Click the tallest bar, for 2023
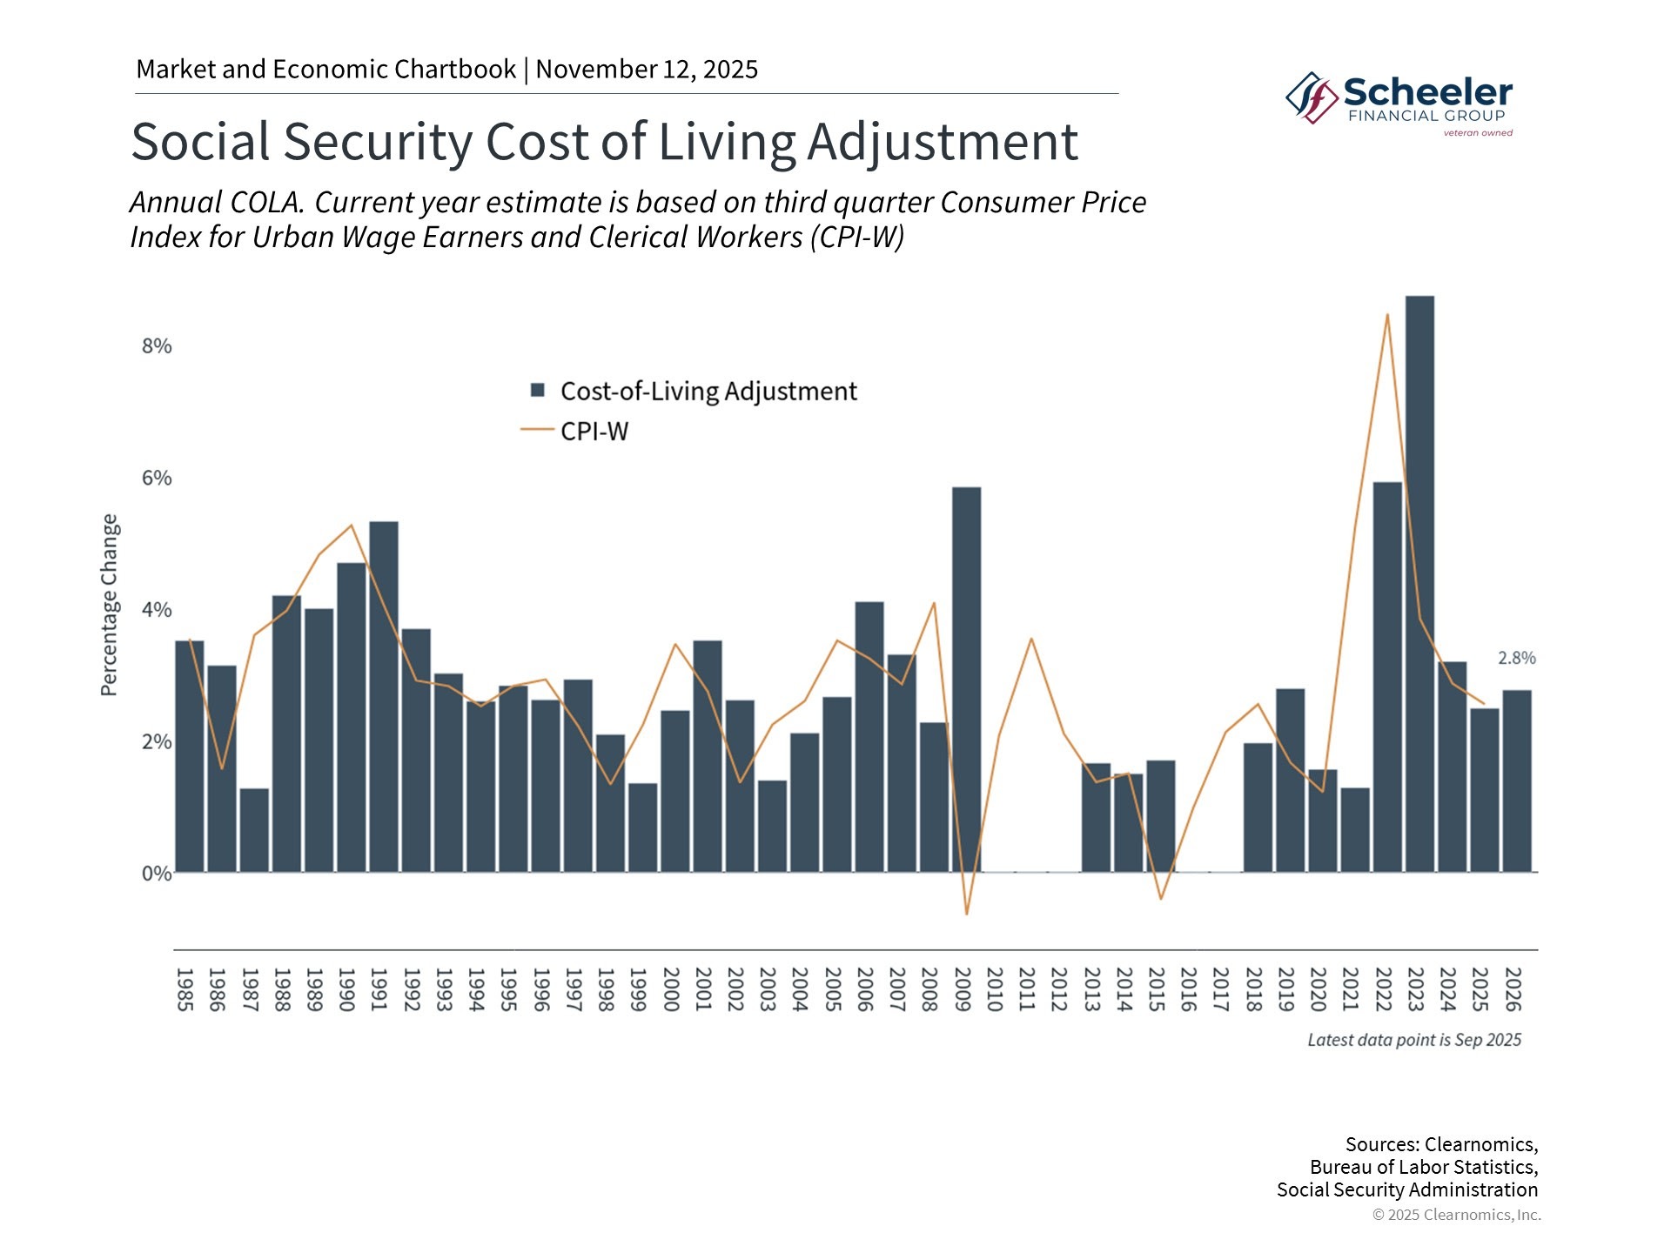[x=1419, y=584]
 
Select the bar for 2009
[x=966, y=680]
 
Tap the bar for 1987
[x=254, y=830]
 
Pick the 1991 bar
[x=384, y=697]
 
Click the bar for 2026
[x=1517, y=781]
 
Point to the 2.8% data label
[x=1517, y=659]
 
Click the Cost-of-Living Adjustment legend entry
[x=694, y=392]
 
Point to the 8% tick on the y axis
[x=157, y=346]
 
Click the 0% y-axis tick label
[x=157, y=874]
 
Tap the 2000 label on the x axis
[x=670, y=989]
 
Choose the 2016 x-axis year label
[x=1188, y=989]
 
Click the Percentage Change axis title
[x=109, y=605]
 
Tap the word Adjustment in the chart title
[x=943, y=142]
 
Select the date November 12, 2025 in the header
[x=647, y=69]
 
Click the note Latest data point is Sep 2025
[x=1414, y=1040]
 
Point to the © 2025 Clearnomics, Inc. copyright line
[x=1457, y=1215]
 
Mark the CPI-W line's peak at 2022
[x=1387, y=314]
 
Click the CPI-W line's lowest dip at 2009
[x=966, y=915]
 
